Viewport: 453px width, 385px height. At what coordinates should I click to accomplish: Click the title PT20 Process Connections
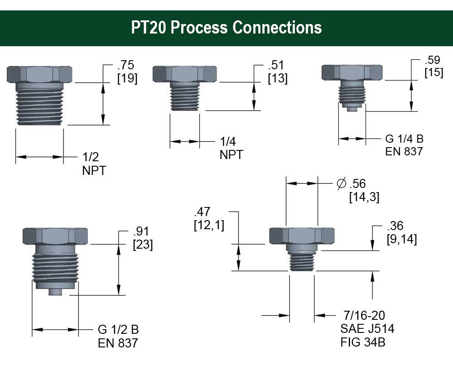[x=226, y=28]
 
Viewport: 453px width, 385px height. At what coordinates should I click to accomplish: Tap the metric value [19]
[x=127, y=78]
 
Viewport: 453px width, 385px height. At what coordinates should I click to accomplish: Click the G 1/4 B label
[x=404, y=139]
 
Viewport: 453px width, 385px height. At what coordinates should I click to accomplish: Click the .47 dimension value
[x=203, y=212]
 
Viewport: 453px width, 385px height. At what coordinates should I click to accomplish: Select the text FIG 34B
[x=363, y=342]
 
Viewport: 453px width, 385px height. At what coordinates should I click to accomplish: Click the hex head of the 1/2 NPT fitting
[x=39, y=74]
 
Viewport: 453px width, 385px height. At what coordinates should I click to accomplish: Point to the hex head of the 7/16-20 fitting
[x=302, y=236]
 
